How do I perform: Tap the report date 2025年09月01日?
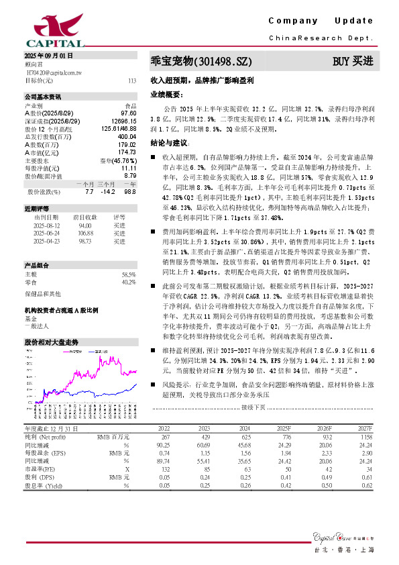point(49,54)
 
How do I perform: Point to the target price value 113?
point(132,81)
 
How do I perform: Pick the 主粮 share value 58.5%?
point(129,275)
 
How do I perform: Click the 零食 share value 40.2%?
point(129,282)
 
